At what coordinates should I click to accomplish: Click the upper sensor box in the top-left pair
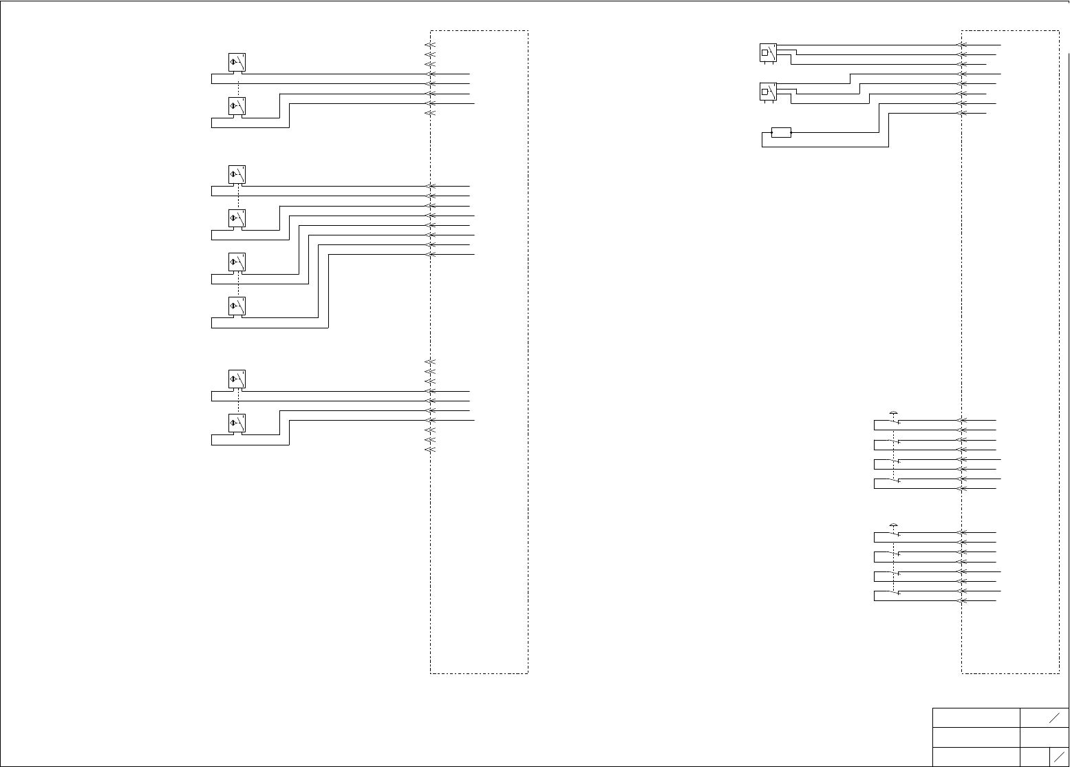pyautogui.click(x=237, y=63)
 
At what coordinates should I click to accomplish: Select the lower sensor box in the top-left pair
pyautogui.click(x=237, y=106)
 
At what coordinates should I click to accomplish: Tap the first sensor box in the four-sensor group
pyautogui.click(x=237, y=175)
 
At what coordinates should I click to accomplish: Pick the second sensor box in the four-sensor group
pyautogui.click(x=237, y=218)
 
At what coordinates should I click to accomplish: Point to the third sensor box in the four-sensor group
pyautogui.click(x=237, y=262)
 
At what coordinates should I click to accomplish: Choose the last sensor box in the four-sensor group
pyautogui.click(x=237, y=306)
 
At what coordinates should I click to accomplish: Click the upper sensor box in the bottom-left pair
pyautogui.click(x=237, y=379)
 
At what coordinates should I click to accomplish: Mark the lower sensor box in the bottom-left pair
pyautogui.click(x=237, y=423)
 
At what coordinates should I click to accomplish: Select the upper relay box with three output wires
pyautogui.click(x=768, y=52)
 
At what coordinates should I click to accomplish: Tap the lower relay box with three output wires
pyautogui.click(x=768, y=91)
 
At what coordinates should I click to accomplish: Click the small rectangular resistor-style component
pyautogui.click(x=782, y=132)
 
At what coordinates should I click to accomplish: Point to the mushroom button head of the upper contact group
pyautogui.click(x=894, y=412)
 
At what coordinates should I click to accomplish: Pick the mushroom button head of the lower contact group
pyautogui.click(x=894, y=526)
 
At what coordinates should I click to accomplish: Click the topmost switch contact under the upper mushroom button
pyautogui.click(x=894, y=421)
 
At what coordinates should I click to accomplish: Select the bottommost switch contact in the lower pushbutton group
pyautogui.click(x=894, y=592)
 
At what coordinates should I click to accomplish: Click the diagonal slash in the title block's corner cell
pyautogui.click(x=1060, y=756)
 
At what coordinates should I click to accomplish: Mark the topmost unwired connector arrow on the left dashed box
pyautogui.click(x=430, y=45)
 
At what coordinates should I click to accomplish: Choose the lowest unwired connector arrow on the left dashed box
pyautogui.click(x=430, y=450)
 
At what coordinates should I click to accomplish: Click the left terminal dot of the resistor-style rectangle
pyautogui.click(x=772, y=132)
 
